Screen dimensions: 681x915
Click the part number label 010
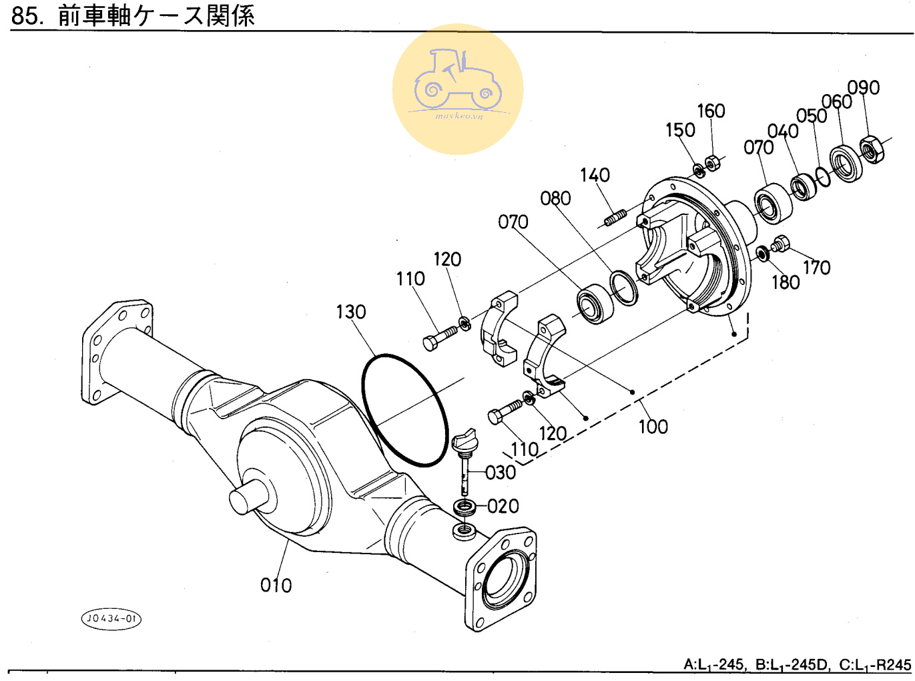coord(276,586)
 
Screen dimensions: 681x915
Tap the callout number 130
coord(350,312)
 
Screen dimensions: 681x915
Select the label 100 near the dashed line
coord(653,427)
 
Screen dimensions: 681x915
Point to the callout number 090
coord(864,87)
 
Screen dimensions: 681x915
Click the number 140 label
coord(595,175)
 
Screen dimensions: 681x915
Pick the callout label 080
coord(555,198)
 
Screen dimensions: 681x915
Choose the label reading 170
coord(816,268)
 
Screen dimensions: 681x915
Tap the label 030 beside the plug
coord(501,473)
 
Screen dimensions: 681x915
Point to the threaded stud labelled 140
coord(615,218)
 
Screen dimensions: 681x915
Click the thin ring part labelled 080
coord(625,288)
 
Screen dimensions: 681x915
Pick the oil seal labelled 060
coord(846,163)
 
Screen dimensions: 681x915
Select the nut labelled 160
coord(712,162)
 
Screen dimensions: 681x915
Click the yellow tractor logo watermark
coord(458,89)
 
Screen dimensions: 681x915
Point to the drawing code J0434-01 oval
coord(111,618)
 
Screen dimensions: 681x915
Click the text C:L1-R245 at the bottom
coord(875,665)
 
